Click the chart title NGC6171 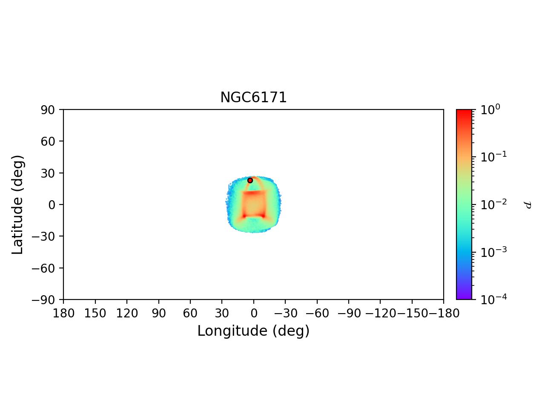(253, 98)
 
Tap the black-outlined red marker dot (250, 180)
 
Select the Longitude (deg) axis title (253, 331)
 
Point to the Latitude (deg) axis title (17, 204)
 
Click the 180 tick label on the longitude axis (63, 314)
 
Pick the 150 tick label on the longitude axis (95, 314)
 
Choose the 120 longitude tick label (127, 314)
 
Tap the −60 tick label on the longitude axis (316, 314)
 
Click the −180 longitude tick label (443, 314)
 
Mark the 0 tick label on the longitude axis (254, 314)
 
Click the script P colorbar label (528, 205)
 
